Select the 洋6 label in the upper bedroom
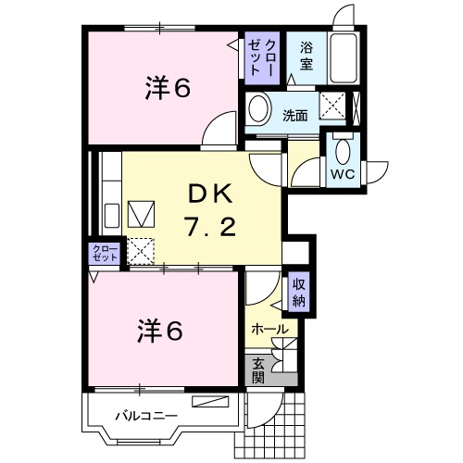coord(167,89)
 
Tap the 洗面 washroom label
coord(296,116)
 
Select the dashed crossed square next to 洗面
coord(332,106)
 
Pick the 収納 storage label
coord(299,293)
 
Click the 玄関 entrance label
coord(257,369)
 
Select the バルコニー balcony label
coord(145,416)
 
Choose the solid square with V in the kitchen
coord(142,214)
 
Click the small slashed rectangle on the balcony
coord(210,401)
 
